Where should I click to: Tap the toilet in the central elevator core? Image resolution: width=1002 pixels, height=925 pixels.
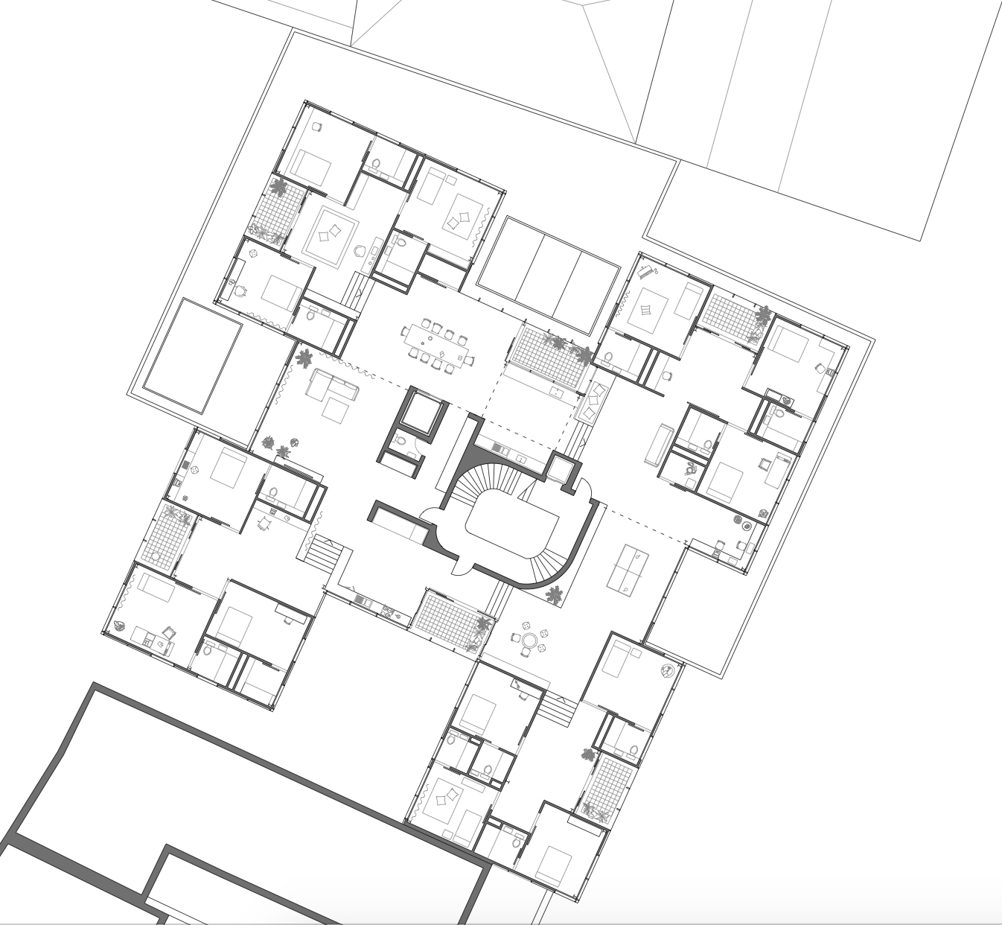(401, 441)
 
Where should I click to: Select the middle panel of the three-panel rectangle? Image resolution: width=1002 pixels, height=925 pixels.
(548, 276)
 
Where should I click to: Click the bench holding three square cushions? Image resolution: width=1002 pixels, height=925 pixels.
(594, 403)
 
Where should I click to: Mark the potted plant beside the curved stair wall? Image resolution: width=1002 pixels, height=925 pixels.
(553, 594)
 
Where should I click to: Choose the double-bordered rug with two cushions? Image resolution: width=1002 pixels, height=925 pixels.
(329, 235)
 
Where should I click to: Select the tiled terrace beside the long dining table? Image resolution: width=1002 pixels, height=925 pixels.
(546, 356)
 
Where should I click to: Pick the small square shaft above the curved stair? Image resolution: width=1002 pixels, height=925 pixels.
(561, 469)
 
